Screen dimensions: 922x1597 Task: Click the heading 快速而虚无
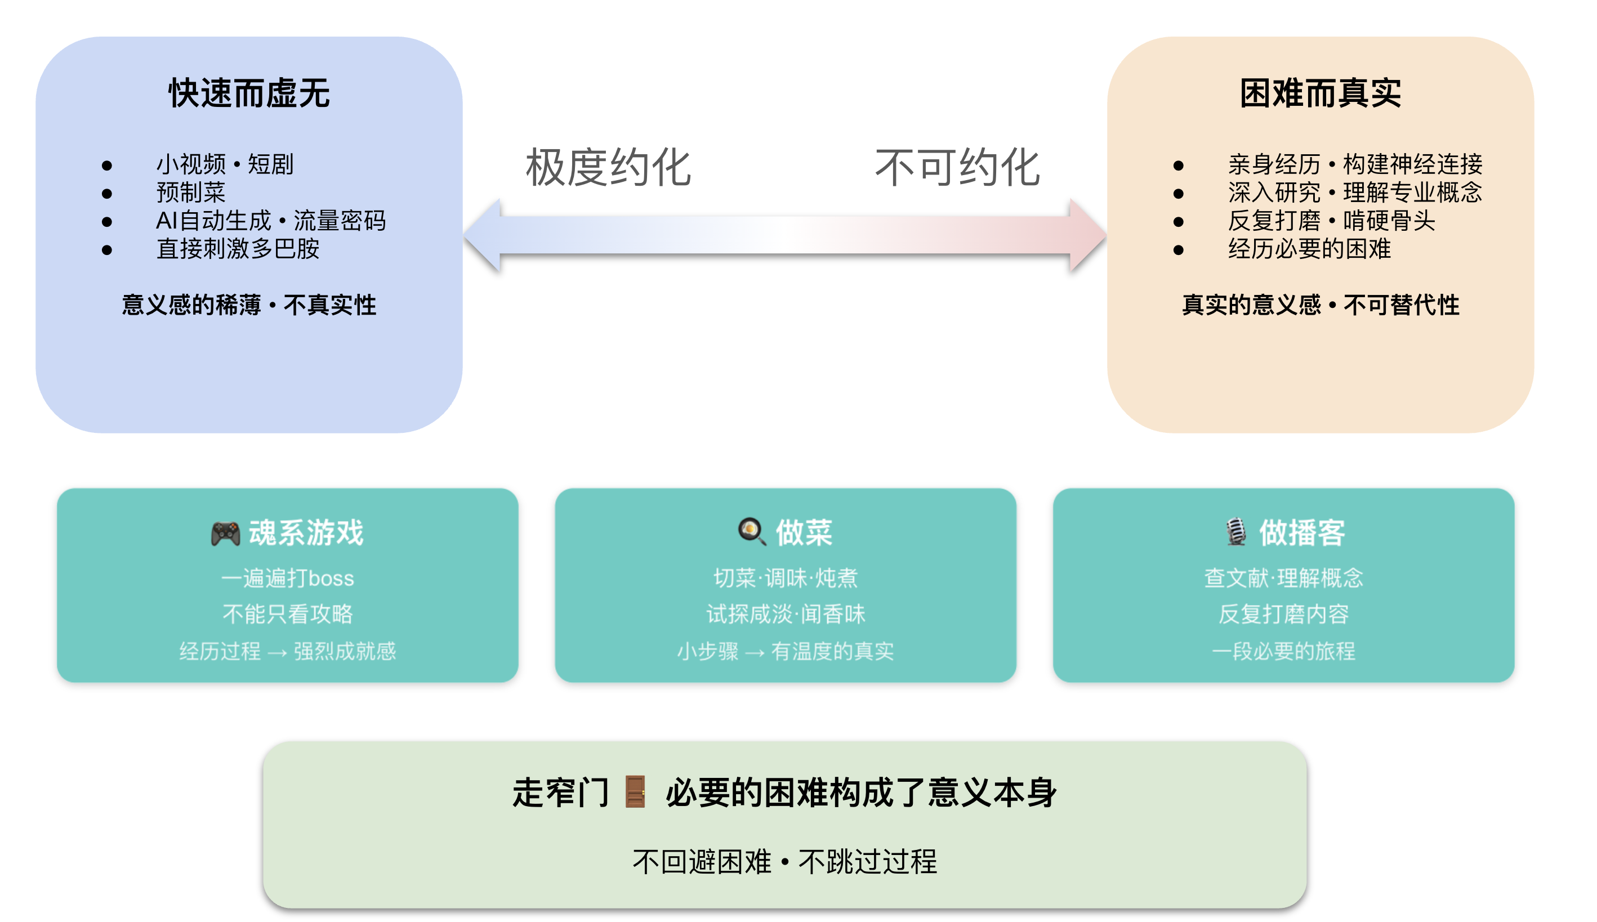pos(249,93)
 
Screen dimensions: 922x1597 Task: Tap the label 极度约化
pos(608,168)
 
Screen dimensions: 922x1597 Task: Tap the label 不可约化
pos(957,168)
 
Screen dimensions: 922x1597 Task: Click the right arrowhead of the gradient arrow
pos(1086,235)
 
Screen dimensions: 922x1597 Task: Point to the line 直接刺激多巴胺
pos(238,248)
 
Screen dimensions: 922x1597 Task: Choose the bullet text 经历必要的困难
pos(1309,248)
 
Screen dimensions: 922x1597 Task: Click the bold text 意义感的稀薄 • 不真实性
pos(249,305)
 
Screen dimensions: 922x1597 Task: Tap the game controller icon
pos(225,533)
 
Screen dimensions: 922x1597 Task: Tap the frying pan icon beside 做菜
pos(751,531)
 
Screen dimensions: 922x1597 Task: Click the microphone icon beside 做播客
pos(1235,532)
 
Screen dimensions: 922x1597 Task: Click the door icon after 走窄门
pos(635,791)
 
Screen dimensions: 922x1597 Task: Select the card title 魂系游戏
pos(306,532)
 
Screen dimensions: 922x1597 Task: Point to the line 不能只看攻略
pos(288,614)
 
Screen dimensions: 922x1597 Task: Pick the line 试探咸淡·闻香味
pos(786,614)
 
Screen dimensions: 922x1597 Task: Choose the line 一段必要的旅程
pos(1283,651)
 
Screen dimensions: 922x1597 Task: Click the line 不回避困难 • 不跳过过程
pos(784,861)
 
